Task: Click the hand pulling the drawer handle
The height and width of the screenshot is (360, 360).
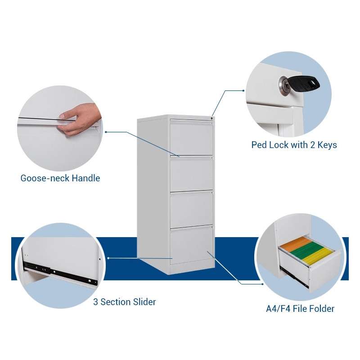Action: [x=81, y=118]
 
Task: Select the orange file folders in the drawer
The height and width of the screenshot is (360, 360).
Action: [x=297, y=245]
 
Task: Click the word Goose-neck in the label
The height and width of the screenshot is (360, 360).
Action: [x=45, y=178]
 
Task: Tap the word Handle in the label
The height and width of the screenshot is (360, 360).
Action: [x=86, y=178]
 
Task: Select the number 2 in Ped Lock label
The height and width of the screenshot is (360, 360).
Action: [x=312, y=145]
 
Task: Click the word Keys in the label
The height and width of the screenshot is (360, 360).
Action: [x=327, y=145]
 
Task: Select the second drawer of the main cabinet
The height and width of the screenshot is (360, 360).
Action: [x=192, y=174]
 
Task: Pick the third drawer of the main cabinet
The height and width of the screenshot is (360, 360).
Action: [x=192, y=209]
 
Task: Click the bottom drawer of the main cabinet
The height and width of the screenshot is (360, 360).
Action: [x=192, y=245]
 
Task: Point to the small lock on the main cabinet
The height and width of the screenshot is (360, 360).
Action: [x=211, y=118]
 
